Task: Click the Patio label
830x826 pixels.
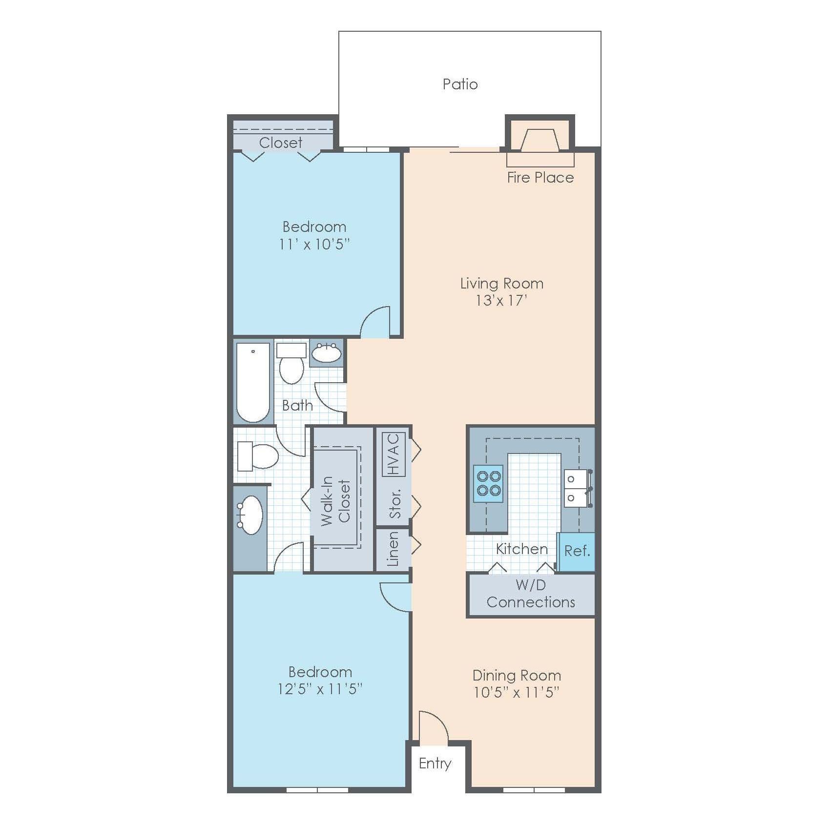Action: [x=460, y=84]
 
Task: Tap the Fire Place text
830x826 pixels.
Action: [x=540, y=177]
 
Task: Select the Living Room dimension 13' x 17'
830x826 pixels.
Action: [x=501, y=300]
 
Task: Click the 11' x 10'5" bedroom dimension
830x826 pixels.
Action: [x=314, y=244]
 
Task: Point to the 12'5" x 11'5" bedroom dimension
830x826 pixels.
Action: [x=320, y=689]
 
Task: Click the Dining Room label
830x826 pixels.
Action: [x=517, y=676]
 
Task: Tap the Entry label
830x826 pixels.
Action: [x=435, y=764]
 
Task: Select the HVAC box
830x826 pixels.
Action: [x=394, y=454]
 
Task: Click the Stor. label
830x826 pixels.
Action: [x=395, y=503]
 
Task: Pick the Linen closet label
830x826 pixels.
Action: [x=393, y=549]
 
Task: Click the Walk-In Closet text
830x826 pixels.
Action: [x=336, y=501]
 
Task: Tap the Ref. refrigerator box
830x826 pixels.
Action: [x=577, y=552]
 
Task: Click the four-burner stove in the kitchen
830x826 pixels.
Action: [x=488, y=483]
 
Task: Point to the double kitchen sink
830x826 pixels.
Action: [x=577, y=488]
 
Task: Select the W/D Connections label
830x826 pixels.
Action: [x=531, y=594]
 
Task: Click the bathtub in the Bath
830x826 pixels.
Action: [x=253, y=382]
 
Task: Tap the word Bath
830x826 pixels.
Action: [x=297, y=405]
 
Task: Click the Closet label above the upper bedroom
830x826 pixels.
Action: [x=281, y=143]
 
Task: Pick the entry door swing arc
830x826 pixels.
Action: [x=434, y=727]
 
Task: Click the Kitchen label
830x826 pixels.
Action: [x=521, y=549]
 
